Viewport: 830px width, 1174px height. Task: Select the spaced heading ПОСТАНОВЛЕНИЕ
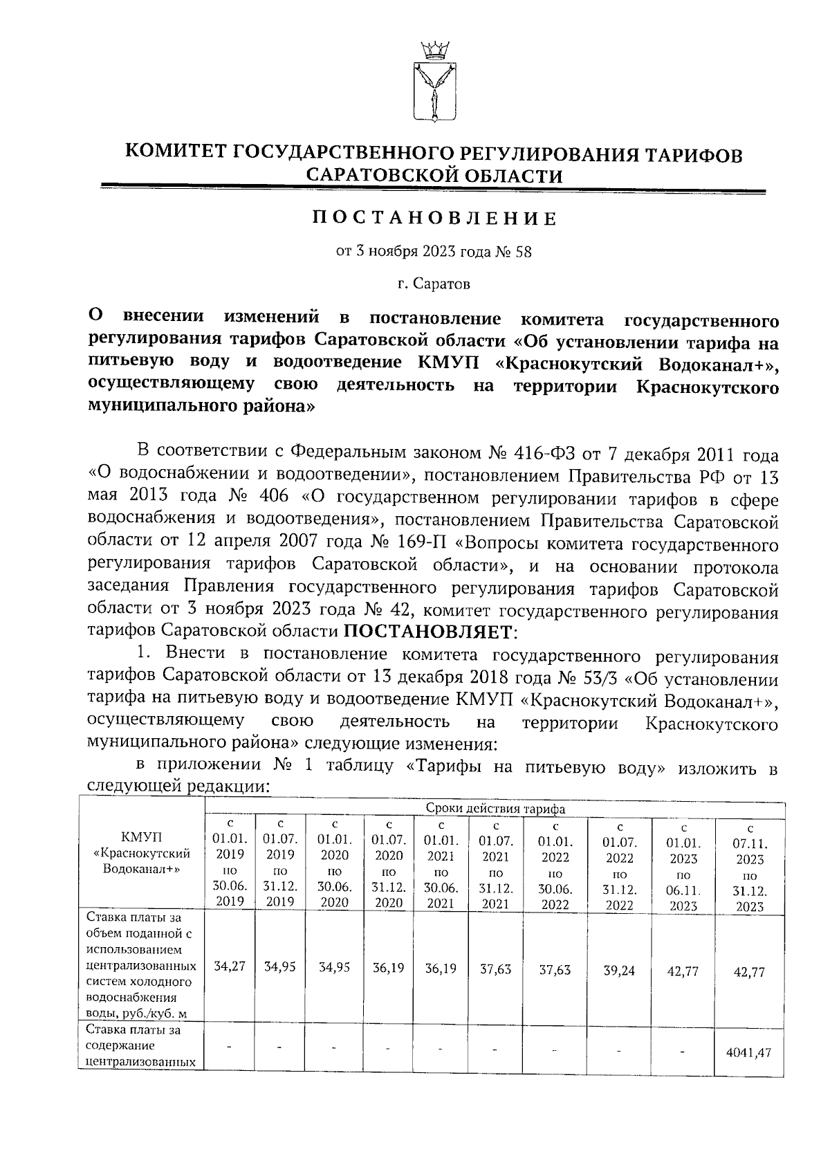(x=434, y=219)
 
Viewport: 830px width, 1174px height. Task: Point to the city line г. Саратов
(x=434, y=284)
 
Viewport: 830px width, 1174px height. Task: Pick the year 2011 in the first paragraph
(x=716, y=455)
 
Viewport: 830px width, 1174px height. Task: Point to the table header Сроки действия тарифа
(x=495, y=809)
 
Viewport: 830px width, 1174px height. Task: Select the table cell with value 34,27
(x=230, y=966)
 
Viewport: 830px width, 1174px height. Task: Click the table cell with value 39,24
(x=618, y=971)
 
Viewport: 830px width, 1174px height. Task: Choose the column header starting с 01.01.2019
(x=230, y=862)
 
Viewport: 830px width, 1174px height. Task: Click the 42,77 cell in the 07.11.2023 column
(x=750, y=972)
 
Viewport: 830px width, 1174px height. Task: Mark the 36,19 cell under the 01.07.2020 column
(x=388, y=968)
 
